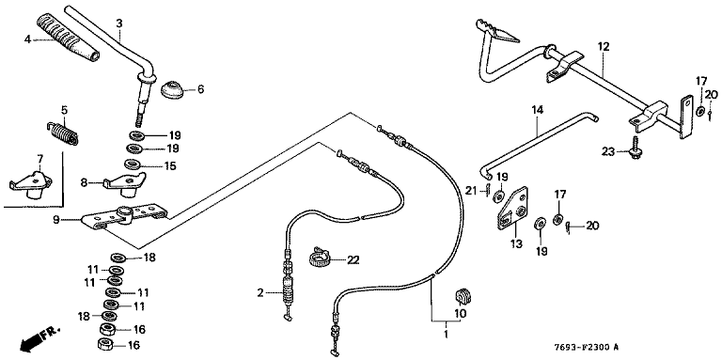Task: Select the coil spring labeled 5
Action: click(x=64, y=133)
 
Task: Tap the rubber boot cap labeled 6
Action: click(x=173, y=89)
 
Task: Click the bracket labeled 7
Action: click(x=31, y=185)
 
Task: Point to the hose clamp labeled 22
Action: click(x=321, y=258)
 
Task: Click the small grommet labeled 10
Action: click(x=463, y=295)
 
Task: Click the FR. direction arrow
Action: click(x=39, y=337)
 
